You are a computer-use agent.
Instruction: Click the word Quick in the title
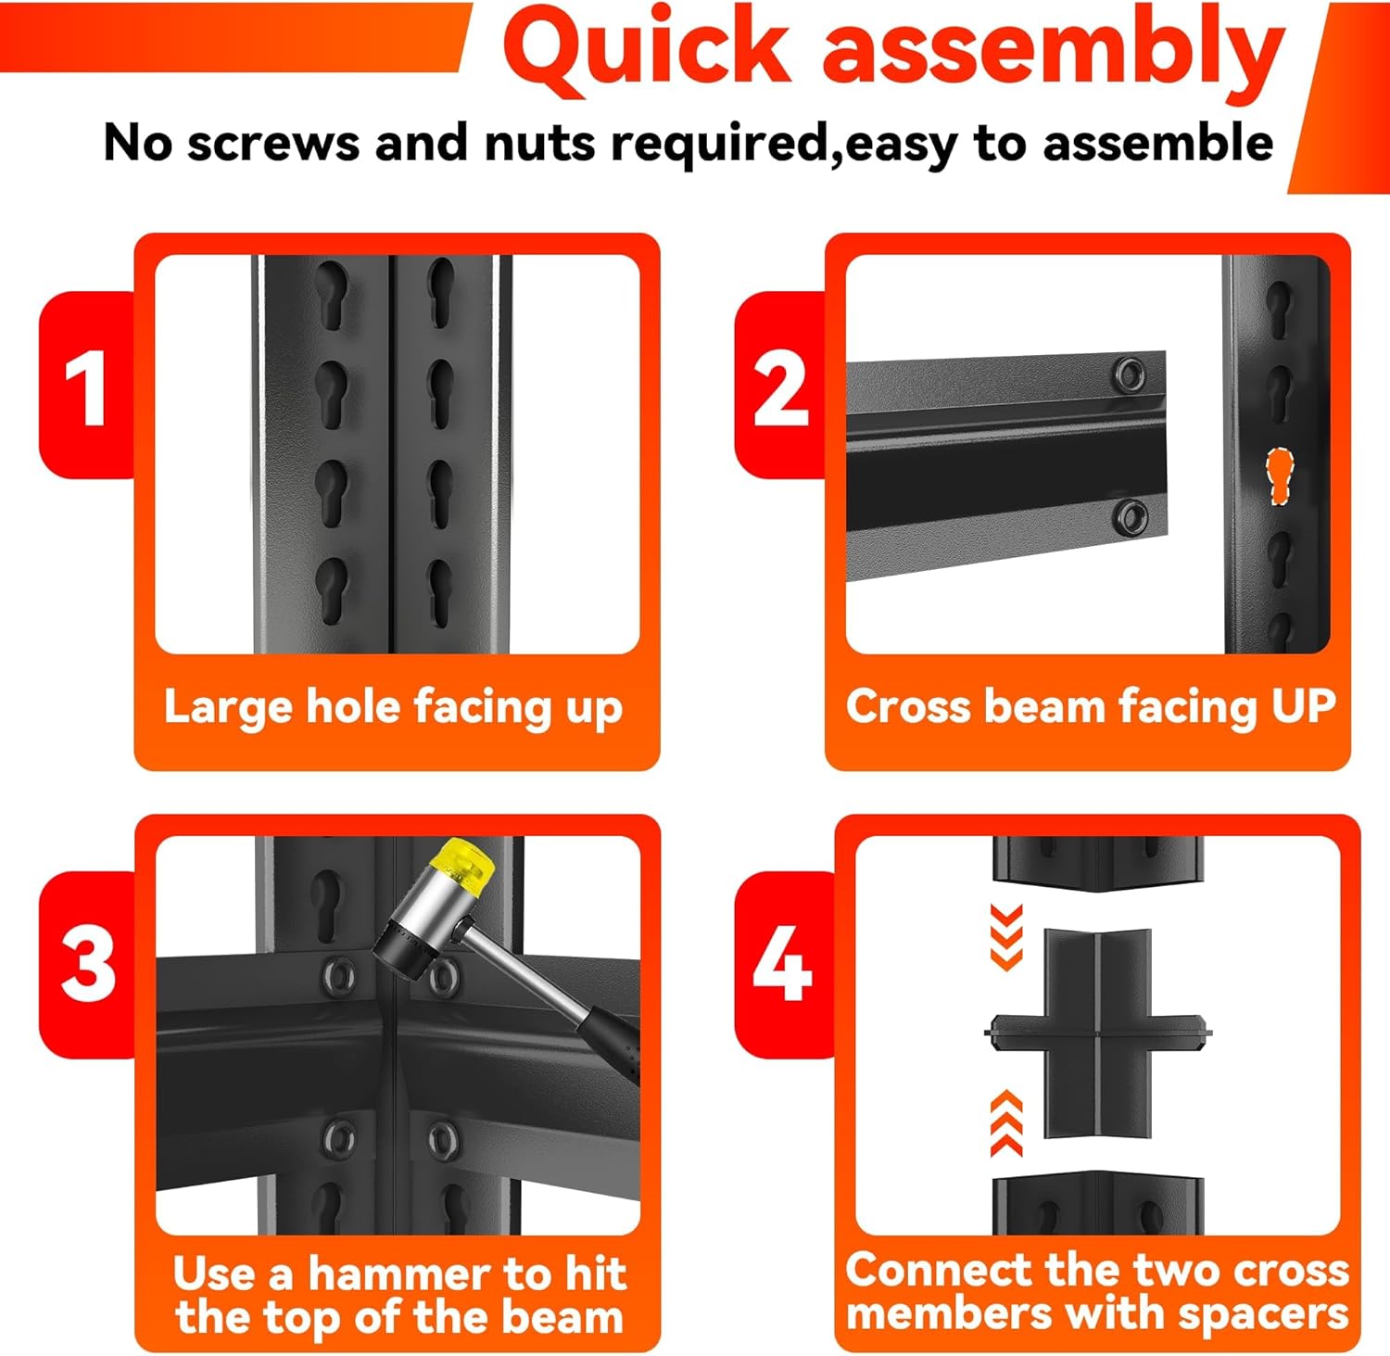pyautogui.click(x=647, y=51)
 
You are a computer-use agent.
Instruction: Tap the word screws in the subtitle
pyautogui.click(x=273, y=144)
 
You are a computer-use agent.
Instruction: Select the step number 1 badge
pyautogui.click(x=86, y=387)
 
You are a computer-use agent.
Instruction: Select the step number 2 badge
pyautogui.click(x=781, y=387)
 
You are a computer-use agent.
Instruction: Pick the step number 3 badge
pyautogui.click(x=88, y=964)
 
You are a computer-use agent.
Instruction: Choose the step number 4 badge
pyautogui.click(x=783, y=964)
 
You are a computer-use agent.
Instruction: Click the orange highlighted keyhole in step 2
pyautogui.click(x=1280, y=476)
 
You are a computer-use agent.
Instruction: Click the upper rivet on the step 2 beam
pyautogui.click(x=1129, y=374)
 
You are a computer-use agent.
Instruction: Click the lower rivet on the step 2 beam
pyautogui.click(x=1131, y=515)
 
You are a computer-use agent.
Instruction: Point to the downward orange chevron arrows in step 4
pyautogui.click(x=1006, y=936)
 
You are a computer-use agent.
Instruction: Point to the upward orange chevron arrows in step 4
pyautogui.click(x=1006, y=1123)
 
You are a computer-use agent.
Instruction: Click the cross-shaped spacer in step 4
pyautogui.click(x=1097, y=1033)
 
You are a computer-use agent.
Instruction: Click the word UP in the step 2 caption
pyautogui.click(x=1303, y=706)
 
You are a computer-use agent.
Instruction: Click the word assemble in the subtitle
pyautogui.click(x=1158, y=144)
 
